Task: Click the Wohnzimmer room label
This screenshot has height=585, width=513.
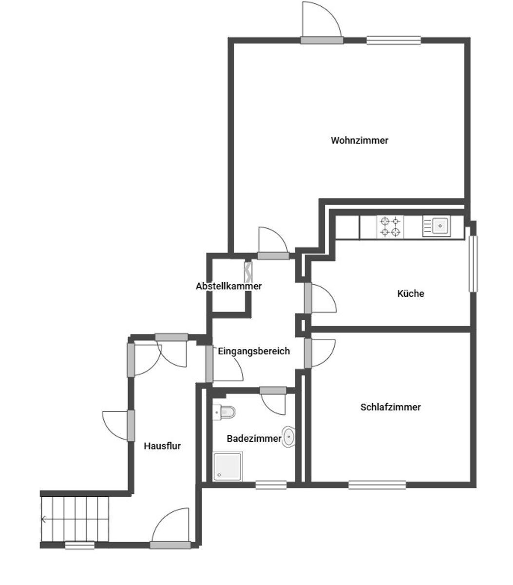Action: tap(359, 140)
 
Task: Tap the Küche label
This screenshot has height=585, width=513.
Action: tap(411, 293)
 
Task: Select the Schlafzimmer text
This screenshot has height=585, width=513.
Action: tap(390, 408)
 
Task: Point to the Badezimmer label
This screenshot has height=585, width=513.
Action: tap(254, 439)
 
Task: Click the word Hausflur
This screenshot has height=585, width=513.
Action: tap(162, 446)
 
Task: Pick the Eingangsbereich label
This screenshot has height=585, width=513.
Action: tap(254, 351)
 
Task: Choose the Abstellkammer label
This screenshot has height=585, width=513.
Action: tap(228, 286)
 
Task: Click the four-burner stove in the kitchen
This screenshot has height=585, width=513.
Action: tap(390, 227)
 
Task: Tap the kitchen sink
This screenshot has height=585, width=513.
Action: tap(437, 226)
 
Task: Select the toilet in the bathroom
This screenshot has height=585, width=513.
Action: tap(224, 412)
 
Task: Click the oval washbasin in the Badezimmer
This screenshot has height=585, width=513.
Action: tap(288, 437)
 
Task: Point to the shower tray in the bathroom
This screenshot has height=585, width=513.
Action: tap(228, 467)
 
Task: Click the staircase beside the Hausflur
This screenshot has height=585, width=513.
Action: tap(75, 519)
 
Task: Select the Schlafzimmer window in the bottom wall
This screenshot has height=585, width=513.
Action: tap(377, 485)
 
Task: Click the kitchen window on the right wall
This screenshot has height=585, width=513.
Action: tap(473, 264)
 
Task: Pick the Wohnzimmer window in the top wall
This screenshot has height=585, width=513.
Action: tap(394, 40)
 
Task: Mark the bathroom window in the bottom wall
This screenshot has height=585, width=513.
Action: tap(271, 485)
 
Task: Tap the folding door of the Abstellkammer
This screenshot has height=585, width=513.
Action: tap(248, 272)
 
